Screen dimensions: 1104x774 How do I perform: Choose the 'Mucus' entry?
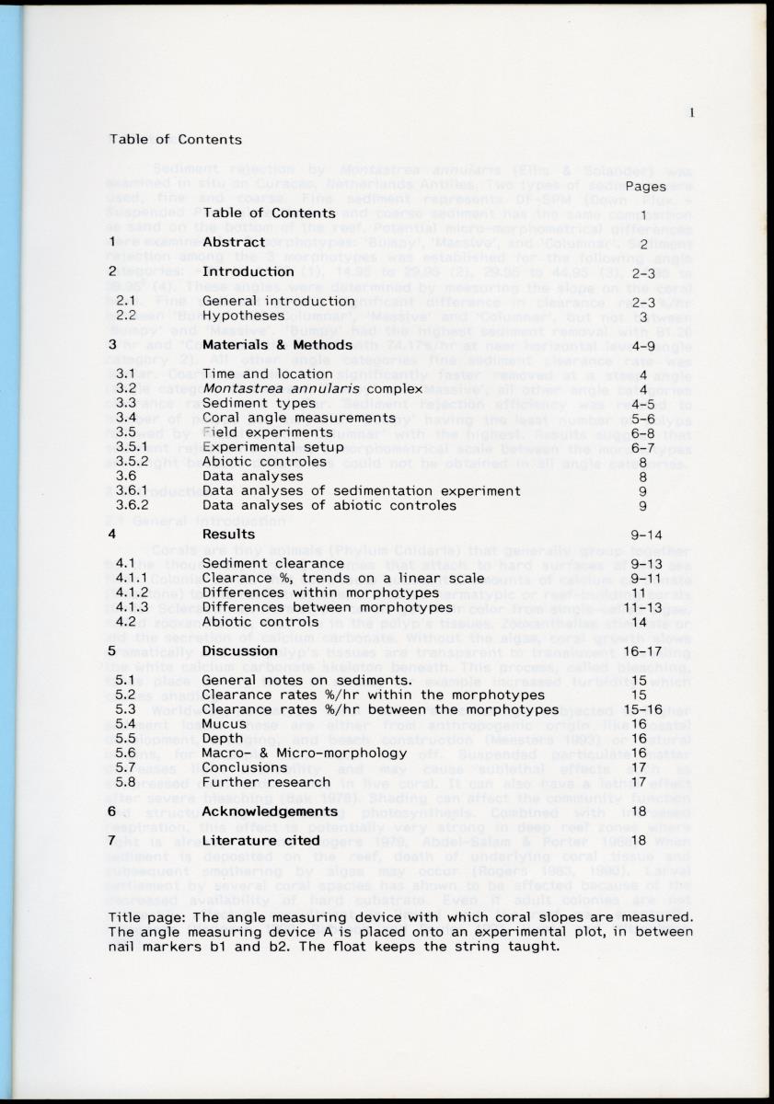coord(224,724)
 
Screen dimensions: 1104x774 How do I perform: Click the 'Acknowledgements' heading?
coord(270,811)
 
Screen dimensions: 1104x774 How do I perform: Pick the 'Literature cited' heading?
coord(261,840)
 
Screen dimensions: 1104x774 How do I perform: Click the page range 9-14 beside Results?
coord(647,534)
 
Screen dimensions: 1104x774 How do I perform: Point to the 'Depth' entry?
coord(223,739)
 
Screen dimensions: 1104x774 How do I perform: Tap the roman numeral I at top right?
coord(690,113)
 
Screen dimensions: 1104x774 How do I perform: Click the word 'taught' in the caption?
coord(536,945)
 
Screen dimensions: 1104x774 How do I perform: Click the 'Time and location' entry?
coord(254,374)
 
